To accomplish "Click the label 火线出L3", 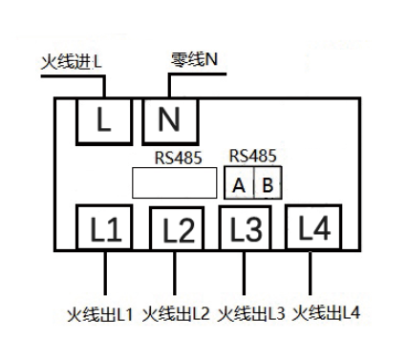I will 250,312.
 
